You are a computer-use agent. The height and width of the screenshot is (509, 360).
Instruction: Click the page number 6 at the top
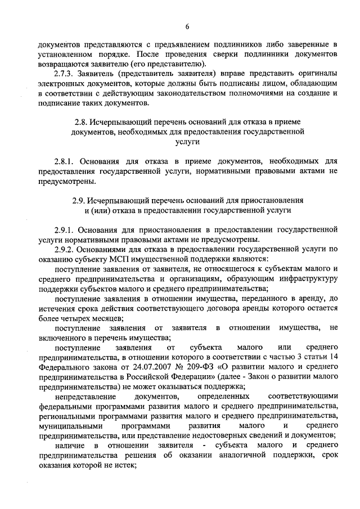(x=187, y=25)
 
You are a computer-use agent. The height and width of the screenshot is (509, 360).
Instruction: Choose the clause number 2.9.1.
(x=66, y=229)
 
